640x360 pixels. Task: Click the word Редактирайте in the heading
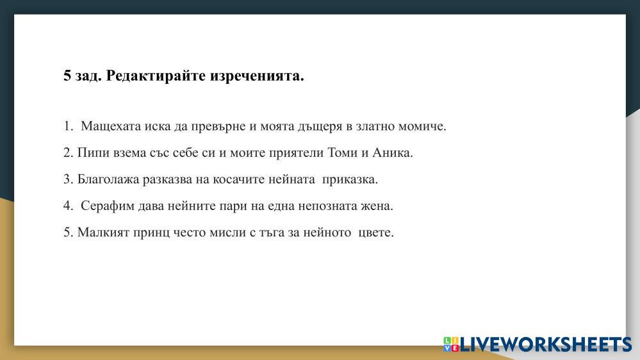pyautogui.click(x=156, y=76)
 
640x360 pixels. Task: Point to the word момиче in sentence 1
pyautogui.click(x=422, y=126)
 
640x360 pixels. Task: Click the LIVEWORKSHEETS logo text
pyautogui.click(x=545, y=344)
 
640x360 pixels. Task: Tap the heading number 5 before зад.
pyautogui.click(x=67, y=76)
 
